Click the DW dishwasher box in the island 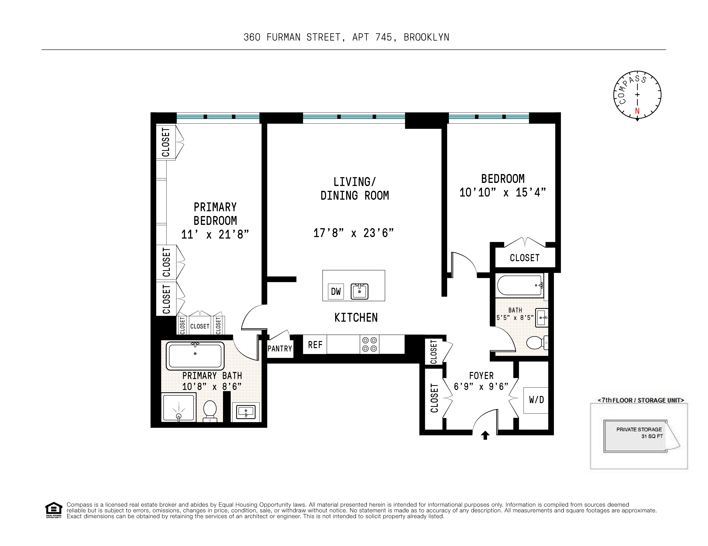(x=336, y=291)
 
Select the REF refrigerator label (x=315, y=345)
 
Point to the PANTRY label (x=280, y=349)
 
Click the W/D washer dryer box (x=536, y=400)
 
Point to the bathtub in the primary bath (x=195, y=356)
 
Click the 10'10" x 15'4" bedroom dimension (x=502, y=193)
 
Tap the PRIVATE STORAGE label (x=639, y=429)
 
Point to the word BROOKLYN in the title (x=426, y=38)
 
